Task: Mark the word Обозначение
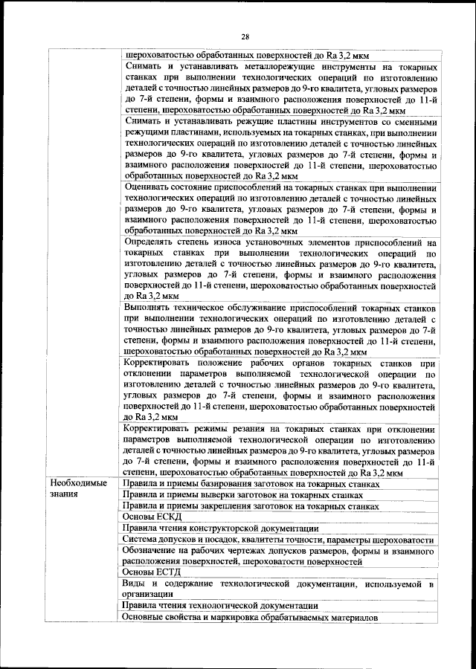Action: [155, 551]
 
